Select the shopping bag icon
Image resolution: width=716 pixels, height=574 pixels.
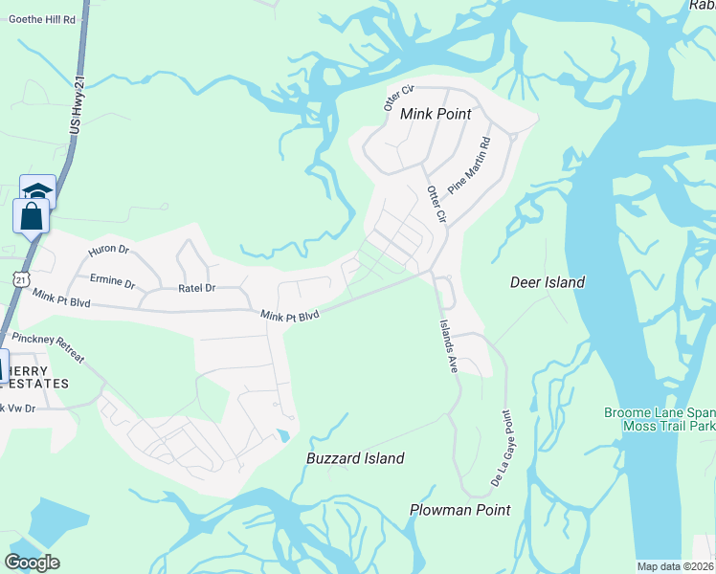pyautogui.click(x=31, y=215)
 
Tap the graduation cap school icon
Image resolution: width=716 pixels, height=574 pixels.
pyautogui.click(x=38, y=192)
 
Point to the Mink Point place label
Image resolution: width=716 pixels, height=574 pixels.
pyautogui.click(x=436, y=114)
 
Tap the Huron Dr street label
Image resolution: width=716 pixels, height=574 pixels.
pyautogui.click(x=108, y=250)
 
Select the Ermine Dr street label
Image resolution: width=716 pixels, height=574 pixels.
pyautogui.click(x=113, y=284)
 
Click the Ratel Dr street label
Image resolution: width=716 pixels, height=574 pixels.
pyautogui.click(x=197, y=287)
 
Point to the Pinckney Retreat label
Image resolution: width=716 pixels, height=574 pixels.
pyautogui.click(x=48, y=350)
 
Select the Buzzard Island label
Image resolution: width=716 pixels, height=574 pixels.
pyautogui.click(x=355, y=458)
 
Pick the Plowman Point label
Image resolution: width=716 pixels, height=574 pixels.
pyautogui.click(x=459, y=510)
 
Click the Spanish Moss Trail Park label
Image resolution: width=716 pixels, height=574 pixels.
pyautogui.click(x=660, y=419)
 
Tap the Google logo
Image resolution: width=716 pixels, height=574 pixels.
pyautogui.click(x=33, y=563)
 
